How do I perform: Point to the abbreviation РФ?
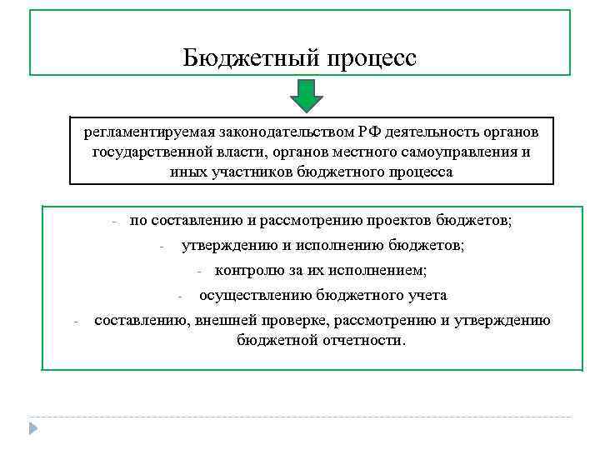pos(372,133)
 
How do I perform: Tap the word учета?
pos(428,295)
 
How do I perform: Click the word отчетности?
pos(364,340)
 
